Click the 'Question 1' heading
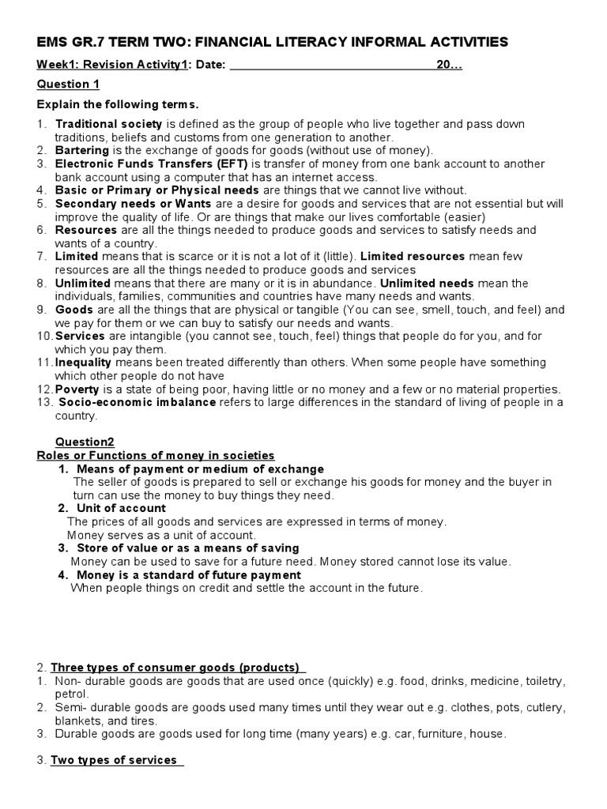point(68,85)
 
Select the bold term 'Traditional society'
point(108,124)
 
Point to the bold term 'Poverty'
point(77,389)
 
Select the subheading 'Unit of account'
point(121,508)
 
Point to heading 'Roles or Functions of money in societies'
point(156,455)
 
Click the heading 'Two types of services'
point(114,760)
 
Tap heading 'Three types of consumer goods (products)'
point(175,667)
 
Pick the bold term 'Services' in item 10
point(80,336)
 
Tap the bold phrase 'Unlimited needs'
point(427,283)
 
